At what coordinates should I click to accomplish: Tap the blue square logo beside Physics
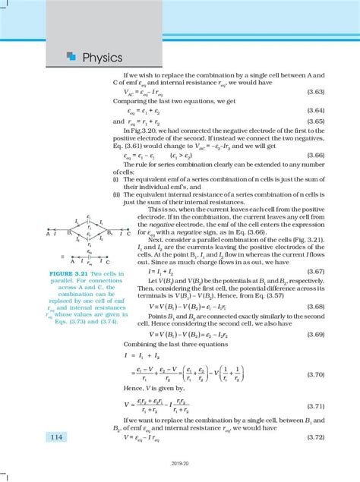click(71, 55)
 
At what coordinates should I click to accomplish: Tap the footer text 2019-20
click(180, 472)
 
